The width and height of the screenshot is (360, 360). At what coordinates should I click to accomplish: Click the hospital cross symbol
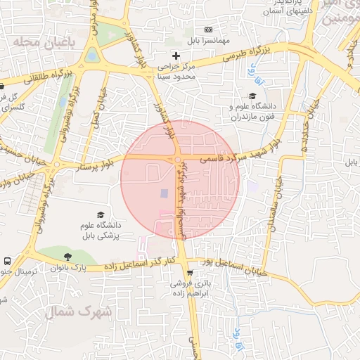point(176,55)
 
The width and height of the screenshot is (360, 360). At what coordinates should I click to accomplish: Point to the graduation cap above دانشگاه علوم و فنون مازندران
point(252,96)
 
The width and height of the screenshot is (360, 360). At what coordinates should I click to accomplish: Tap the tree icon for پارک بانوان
point(67,257)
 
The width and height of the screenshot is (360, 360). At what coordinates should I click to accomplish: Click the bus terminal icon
point(7,261)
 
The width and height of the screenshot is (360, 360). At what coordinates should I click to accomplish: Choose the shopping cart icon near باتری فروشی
point(189,272)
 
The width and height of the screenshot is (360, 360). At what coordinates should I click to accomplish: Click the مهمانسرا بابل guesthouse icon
point(208,30)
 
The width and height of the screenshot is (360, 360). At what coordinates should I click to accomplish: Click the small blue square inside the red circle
point(164,193)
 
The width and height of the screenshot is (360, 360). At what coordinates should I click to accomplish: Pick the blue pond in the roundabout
point(92,55)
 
